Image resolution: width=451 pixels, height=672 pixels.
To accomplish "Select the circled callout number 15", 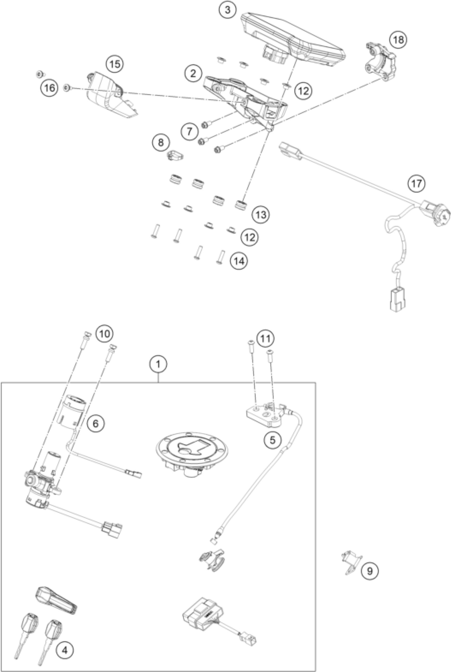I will (115, 64).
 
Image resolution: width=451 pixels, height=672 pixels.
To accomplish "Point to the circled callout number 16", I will (49, 88).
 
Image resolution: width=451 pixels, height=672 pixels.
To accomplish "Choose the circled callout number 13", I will (261, 215).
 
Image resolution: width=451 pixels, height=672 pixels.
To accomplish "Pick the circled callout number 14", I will (239, 261).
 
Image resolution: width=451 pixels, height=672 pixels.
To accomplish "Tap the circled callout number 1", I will (158, 365).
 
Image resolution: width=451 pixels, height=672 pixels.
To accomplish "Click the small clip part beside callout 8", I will (175, 155).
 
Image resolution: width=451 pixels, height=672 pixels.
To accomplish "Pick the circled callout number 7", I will (190, 131).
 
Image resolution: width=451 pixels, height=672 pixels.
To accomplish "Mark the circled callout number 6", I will (96, 423).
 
